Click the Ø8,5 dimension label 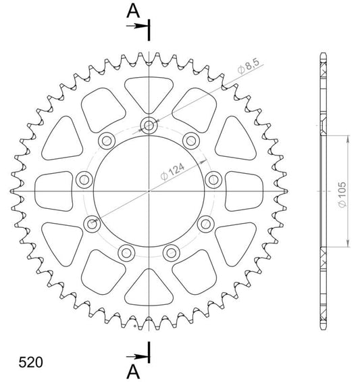249,66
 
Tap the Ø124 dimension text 172,172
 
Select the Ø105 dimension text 342,195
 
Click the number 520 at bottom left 30,362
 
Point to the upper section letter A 133,11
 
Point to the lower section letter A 133,372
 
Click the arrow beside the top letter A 137,26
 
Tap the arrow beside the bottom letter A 137,357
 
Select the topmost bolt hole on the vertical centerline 149,126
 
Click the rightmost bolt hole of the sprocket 213,180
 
